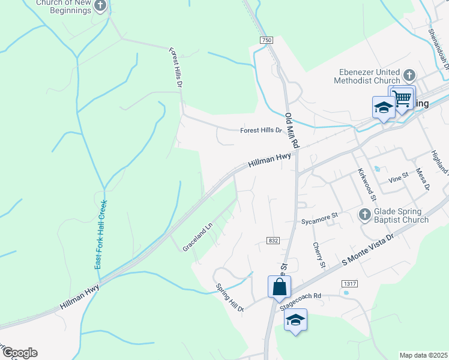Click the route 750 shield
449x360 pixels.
pos(267,40)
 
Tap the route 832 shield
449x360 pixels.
pos(273,241)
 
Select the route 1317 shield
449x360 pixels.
pos(349,283)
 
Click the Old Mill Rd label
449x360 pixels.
pos(292,131)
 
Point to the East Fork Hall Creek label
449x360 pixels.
pos(100,234)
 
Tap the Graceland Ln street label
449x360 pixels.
pos(197,238)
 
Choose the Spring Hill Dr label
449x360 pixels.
pos(230,298)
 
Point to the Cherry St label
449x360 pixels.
pos(319,255)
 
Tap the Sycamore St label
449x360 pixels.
pos(320,214)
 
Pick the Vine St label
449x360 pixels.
pos(398,176)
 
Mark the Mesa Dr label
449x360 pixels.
pos(423,179)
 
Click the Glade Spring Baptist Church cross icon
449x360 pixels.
pos(364,214)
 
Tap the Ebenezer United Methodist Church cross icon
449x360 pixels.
pos(409,76)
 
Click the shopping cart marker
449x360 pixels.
pos(403,97)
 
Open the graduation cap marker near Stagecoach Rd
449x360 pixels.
pos(295,320)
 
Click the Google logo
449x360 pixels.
pos(19,353)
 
